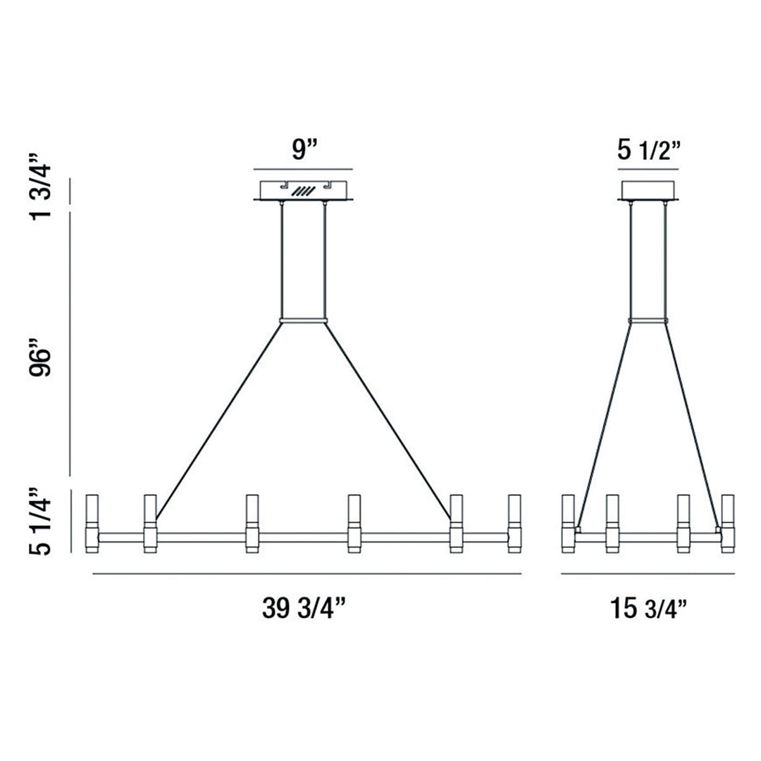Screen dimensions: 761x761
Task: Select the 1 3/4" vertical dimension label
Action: coord(41,184)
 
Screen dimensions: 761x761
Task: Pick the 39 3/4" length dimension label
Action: coord(304,608)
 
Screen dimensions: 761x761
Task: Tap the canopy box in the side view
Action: coord(649,190)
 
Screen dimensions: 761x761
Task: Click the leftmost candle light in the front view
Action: coord(91,524)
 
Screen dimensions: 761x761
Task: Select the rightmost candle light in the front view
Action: coord(514,524)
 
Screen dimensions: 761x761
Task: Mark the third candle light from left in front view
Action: coord(252,524)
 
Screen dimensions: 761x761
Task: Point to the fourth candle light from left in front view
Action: coord(354,524)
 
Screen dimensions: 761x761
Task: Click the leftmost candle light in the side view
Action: coord(568,524)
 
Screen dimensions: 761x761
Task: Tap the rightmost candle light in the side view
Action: coord(727,524)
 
